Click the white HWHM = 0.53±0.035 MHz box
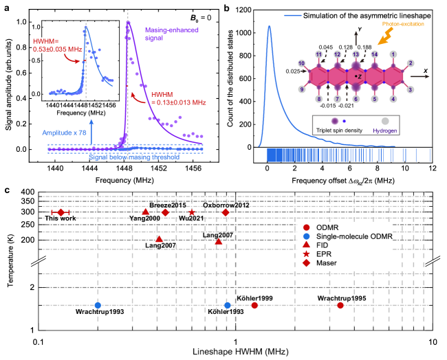click(57, 45)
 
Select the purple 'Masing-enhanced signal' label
click(172, 34)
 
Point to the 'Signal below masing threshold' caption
click(134, 157)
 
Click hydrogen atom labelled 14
click(374, 54)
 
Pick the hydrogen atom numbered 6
click(356, 99)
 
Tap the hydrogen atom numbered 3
click(411, 89)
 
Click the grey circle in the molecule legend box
click(385, 121)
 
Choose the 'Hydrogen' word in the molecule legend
click(384, 129)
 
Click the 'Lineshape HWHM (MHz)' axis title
click(241, 351)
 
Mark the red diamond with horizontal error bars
click(61, 212)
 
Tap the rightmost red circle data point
click(340, 305)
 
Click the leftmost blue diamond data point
click(98, 305)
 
